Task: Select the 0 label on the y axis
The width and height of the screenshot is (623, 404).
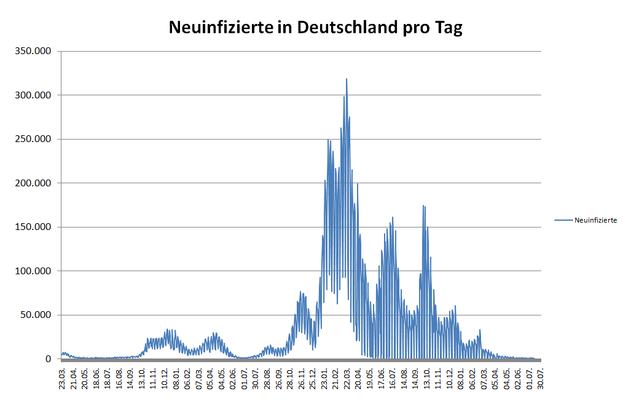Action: pos(49,359)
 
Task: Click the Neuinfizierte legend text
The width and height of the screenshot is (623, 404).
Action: pos(595,220)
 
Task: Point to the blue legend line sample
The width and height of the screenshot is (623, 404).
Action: pos(563,220)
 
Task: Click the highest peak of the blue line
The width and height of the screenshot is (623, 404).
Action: pos(347,79)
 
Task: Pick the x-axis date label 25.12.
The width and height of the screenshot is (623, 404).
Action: pos(313,378)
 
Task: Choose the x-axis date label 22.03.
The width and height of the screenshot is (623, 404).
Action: pos(347,378)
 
